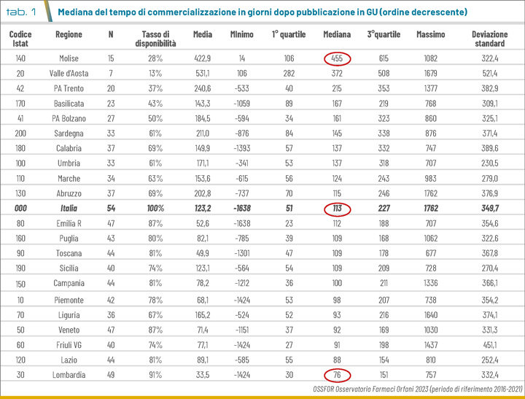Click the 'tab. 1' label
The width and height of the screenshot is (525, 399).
pos(21,12)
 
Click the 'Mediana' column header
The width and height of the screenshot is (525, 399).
pos(337,34)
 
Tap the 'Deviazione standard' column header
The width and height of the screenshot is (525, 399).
pos(489,39)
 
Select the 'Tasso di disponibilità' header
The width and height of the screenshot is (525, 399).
pos(155,39)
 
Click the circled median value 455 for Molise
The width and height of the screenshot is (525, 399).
pos(337,58)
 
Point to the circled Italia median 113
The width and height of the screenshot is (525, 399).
pos(337,209)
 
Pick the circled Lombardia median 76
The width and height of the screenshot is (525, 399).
pos(337,375)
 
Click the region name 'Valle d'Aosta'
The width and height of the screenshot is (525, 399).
pos(69,74)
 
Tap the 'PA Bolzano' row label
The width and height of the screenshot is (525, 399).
pos(69,119)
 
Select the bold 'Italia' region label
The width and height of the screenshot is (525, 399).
pos(69,209)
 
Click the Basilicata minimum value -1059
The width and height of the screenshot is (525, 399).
pos(242,104)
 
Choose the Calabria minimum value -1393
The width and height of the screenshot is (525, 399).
pos(242,148)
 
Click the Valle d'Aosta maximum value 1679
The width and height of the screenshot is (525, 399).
pos(431,74)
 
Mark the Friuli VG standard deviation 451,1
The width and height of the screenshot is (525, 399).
pos(489,345)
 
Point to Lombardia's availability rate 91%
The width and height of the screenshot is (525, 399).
pos(155,375)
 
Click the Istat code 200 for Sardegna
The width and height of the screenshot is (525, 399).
pos(20,133)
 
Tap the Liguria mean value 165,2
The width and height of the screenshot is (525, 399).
pos(203,315)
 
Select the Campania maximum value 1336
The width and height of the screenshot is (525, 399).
pos(431,283)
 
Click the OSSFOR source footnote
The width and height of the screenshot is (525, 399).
pos(417,389)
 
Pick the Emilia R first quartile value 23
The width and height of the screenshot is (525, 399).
pos(289,223)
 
